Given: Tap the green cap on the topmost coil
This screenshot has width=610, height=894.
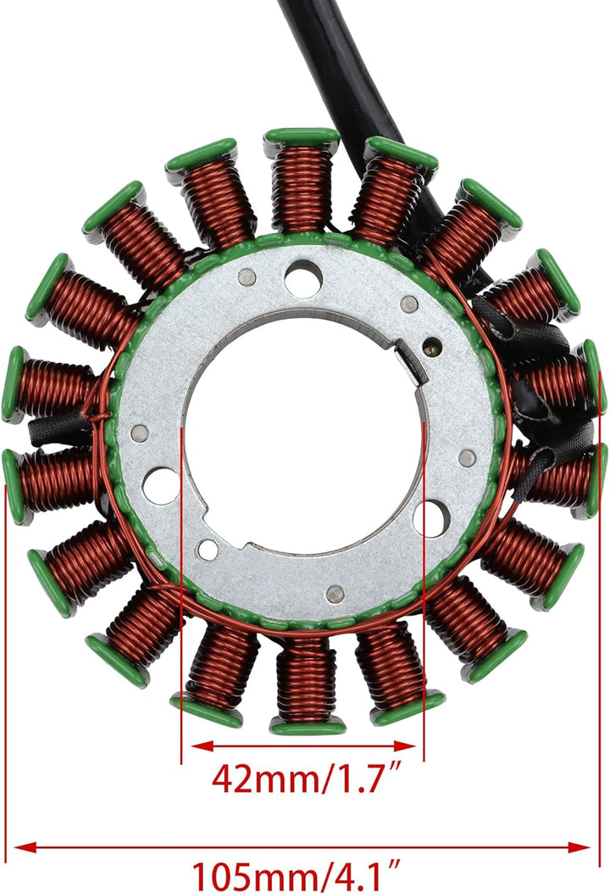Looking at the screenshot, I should pyautogui.click(x=302, y=136).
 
